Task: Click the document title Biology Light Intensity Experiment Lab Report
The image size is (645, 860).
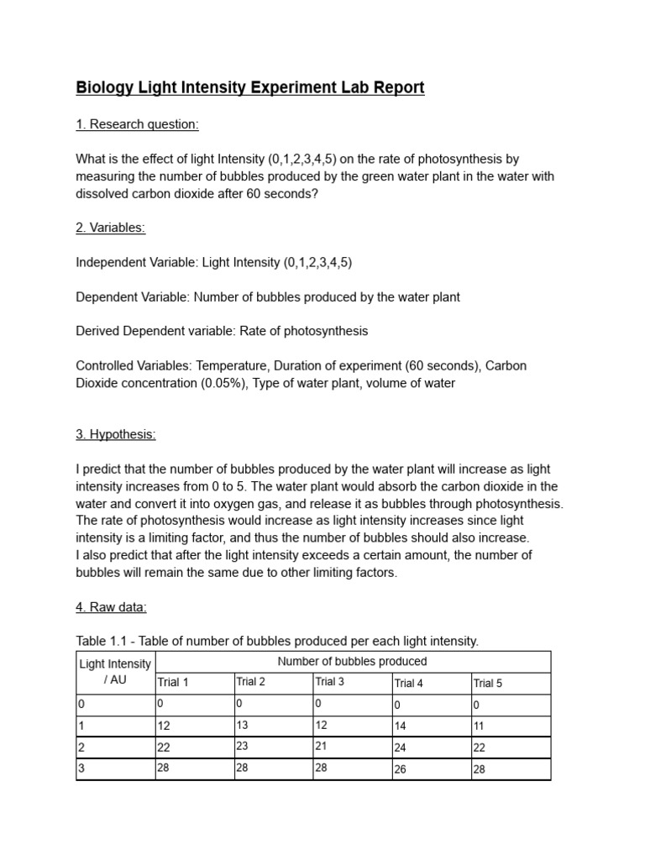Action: (250, 87)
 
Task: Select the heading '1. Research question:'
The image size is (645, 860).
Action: (137, 124)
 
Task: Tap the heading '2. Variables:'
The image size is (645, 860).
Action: (111, 228)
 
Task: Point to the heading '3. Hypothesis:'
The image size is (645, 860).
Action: (116, 434)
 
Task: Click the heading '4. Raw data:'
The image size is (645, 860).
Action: (111, 606)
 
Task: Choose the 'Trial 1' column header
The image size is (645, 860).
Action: (173, 682)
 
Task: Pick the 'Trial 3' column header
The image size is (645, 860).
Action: (330, 682)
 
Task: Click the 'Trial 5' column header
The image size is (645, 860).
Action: (488, 683)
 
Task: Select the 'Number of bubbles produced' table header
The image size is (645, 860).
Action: (353, 662)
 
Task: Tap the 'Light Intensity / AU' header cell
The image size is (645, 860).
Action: (115, 672)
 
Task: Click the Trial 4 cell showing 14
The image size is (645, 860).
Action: (400, 726)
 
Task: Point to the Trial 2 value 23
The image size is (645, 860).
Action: (243, 745)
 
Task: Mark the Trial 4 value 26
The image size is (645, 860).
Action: (400, 768)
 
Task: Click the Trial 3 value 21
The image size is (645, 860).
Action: (322, 746)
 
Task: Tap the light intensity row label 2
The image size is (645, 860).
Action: (81, 747)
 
